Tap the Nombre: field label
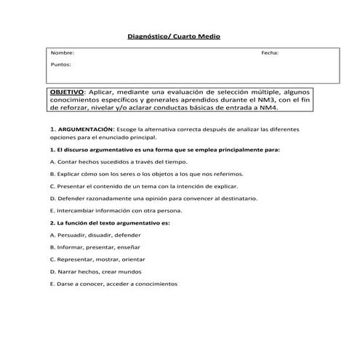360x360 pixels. pyautogui.click(x=62, y=54)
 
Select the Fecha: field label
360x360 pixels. pyautogui.click(x=270, y=54)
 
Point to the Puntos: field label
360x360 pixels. pyautogui.click(x=61, y=65)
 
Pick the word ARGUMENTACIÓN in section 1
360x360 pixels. pyautogui.click(x=87, y=129)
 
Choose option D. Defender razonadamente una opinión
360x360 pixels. pyautogui.click(x=163, y=198)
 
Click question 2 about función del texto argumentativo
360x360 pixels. pyautogui.click(x=109, y=222)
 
